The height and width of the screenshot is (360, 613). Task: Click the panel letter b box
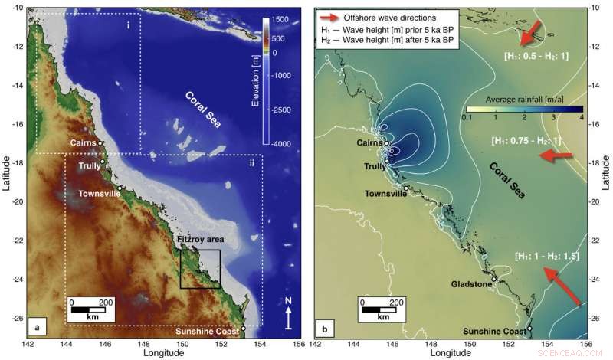(x=325, y=331)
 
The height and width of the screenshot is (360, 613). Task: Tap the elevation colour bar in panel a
(x=263, y=80)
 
